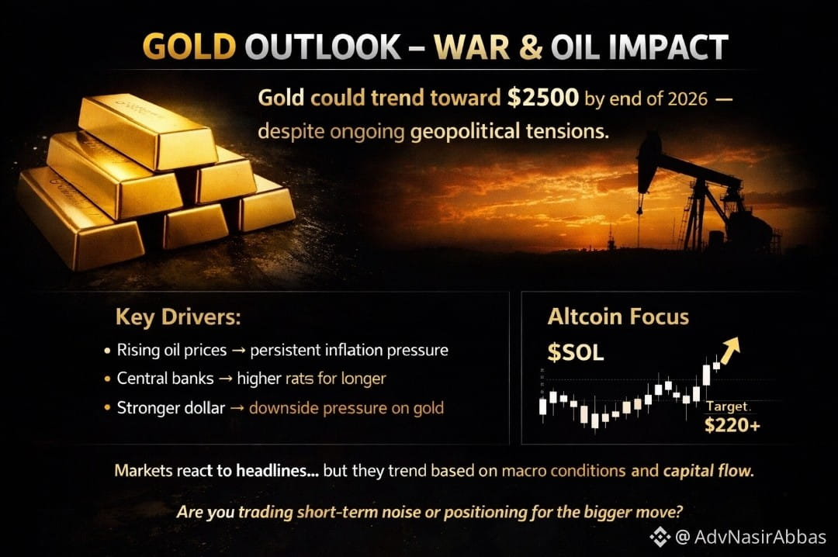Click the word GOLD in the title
click(189, 47)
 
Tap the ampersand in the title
click(531, 47)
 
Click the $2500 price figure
click(543, 98)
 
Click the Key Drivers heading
click(178, 317)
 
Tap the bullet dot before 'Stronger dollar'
click(107, 407)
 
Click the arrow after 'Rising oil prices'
click(239, 350)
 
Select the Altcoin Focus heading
click(618, 317)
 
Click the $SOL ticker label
click(576, 353)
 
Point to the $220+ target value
click(732, 425)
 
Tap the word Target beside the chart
click(727, 407)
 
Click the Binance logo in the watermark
click(660, 537)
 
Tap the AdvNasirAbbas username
click(760, 537)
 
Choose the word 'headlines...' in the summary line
click(277, 470)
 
